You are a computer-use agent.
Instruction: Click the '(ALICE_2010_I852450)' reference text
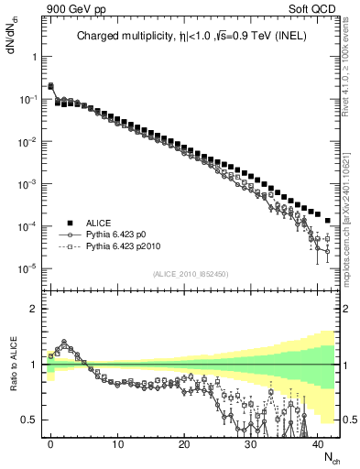(191, 274)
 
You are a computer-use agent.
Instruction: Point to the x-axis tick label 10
(117, 443)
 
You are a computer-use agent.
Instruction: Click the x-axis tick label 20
(184, 443)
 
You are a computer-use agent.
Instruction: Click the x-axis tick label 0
(50, 443)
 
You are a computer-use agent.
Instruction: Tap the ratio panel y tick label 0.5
(31, 420)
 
